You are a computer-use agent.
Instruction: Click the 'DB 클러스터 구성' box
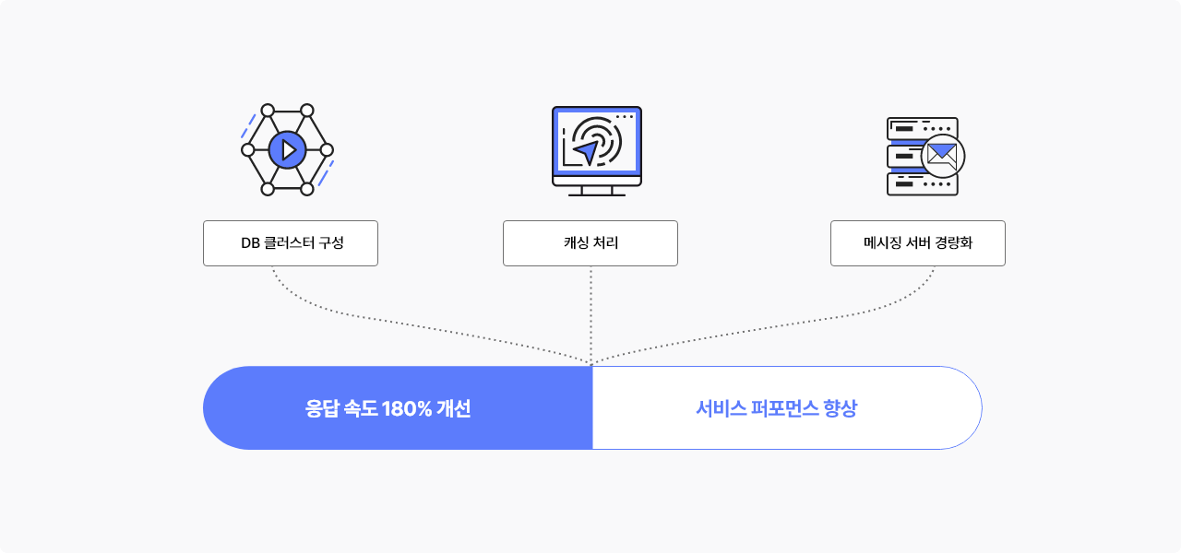[x=291, y=243]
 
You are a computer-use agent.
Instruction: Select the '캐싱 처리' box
[x=590, y=243]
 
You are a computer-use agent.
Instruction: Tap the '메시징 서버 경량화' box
[x=918, y=243]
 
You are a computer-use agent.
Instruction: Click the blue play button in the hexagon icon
[x=287, y=150]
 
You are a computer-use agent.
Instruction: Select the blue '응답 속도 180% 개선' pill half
[x=398, y=408]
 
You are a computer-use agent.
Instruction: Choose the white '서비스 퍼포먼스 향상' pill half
[x=787, y=408]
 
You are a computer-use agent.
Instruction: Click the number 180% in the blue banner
[x=407, y=408]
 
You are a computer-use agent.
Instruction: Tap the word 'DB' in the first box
[x=250, y=243]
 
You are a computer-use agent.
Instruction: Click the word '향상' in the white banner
[x=841, y=408]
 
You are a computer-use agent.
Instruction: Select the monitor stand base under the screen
[x=597, y=194]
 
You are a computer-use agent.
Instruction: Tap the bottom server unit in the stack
[x=922, y=184]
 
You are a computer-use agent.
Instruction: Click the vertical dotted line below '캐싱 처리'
[x=591, y=315]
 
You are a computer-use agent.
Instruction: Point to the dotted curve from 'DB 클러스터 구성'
[x=400, y=323]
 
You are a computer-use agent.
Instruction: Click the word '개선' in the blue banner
[x=454, y=408]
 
